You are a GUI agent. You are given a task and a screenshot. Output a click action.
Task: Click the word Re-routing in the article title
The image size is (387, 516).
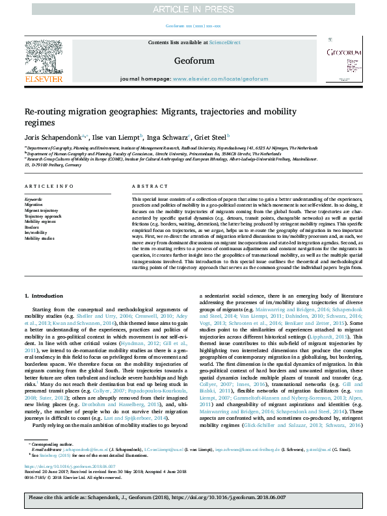click(x=47, y=112)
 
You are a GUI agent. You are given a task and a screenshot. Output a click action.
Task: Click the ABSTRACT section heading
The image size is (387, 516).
click(x=145, y=185)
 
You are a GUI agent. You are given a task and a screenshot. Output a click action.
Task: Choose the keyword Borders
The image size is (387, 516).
click(x=33, y=227)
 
